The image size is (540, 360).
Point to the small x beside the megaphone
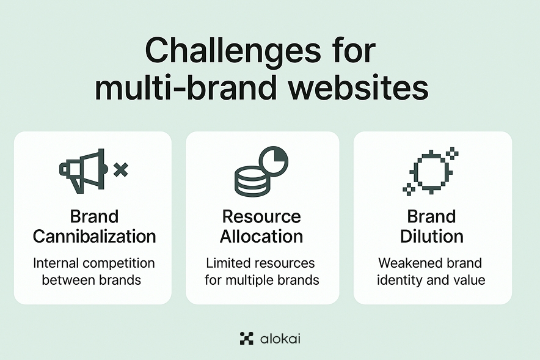121,170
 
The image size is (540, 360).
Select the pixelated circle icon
430,171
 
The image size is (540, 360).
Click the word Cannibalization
94,236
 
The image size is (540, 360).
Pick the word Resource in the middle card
261,217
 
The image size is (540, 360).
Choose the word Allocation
261,236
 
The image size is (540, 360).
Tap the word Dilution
432,236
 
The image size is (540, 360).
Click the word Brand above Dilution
432,217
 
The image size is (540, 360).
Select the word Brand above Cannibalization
94,217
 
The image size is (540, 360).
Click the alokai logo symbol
246,338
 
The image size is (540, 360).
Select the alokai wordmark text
279,338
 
